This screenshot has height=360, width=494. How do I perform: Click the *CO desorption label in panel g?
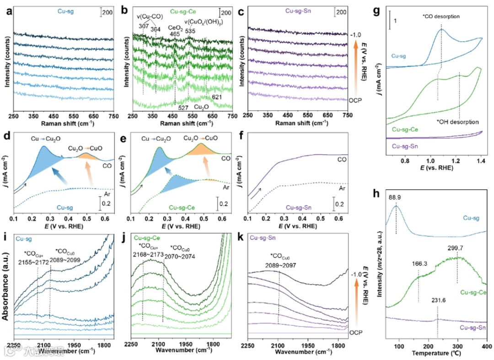(x=441, y=17)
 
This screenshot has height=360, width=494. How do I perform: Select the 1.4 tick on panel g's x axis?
(x=480, y=161)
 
